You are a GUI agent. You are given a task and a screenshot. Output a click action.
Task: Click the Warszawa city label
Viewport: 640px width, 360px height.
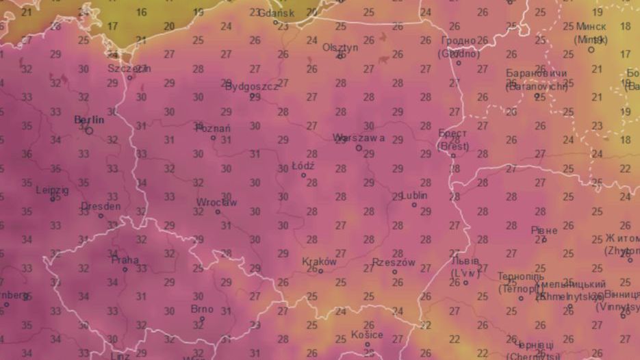[x=359, y=138]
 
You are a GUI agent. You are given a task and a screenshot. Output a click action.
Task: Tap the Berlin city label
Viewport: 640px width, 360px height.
[x=89, y=120]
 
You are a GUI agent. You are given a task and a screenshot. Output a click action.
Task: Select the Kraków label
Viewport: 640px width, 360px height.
[x=319, y=261]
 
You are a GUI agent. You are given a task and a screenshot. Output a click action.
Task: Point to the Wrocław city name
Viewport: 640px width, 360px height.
[x=216, y=203]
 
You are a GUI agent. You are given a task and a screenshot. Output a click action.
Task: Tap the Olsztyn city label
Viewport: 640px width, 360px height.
[x=340, y=47]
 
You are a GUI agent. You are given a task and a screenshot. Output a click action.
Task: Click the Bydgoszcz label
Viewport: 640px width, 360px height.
[x=252, y=87]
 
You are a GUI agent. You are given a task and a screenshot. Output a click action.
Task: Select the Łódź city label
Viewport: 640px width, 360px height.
[x=303, y=166]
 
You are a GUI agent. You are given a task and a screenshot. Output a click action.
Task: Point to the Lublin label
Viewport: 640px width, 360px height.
[x=413, y=195]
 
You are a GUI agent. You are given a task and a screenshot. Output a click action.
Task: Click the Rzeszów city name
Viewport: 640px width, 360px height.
[x=394, y=262]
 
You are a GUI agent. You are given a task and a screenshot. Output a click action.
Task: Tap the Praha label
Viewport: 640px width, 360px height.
[x=125, y=260]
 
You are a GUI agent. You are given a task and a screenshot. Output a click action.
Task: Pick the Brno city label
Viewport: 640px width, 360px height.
[x=202, y=309]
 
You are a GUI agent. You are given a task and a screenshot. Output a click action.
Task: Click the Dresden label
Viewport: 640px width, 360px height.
[x=101, y=206]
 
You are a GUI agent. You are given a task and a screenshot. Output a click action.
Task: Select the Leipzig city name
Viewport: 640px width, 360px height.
[x=53, y=190]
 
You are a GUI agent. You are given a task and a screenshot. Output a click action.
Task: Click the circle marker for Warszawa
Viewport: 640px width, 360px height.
[x=359, y=147]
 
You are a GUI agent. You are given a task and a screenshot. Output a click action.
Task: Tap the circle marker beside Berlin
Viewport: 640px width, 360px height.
[x=90, y=130]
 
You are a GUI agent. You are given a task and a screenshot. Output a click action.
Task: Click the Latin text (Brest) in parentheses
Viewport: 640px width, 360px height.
[x=453, y=146]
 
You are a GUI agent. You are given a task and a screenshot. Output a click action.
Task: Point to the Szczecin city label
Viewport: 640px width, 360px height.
[x=129, y=68]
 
